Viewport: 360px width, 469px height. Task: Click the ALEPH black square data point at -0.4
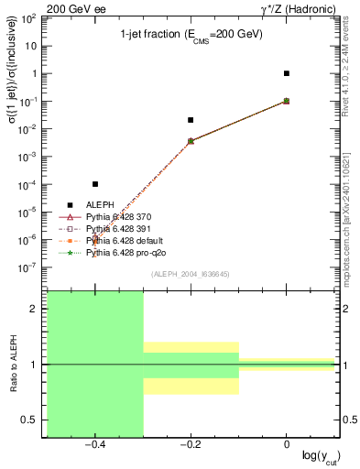pos(95,184)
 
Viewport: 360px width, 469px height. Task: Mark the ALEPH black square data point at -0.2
pos(191,120)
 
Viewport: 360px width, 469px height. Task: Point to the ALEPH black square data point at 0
pos(287,73)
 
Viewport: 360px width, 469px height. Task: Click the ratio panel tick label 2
pos(34,310)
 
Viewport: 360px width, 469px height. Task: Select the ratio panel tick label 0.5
pos(30,420)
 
